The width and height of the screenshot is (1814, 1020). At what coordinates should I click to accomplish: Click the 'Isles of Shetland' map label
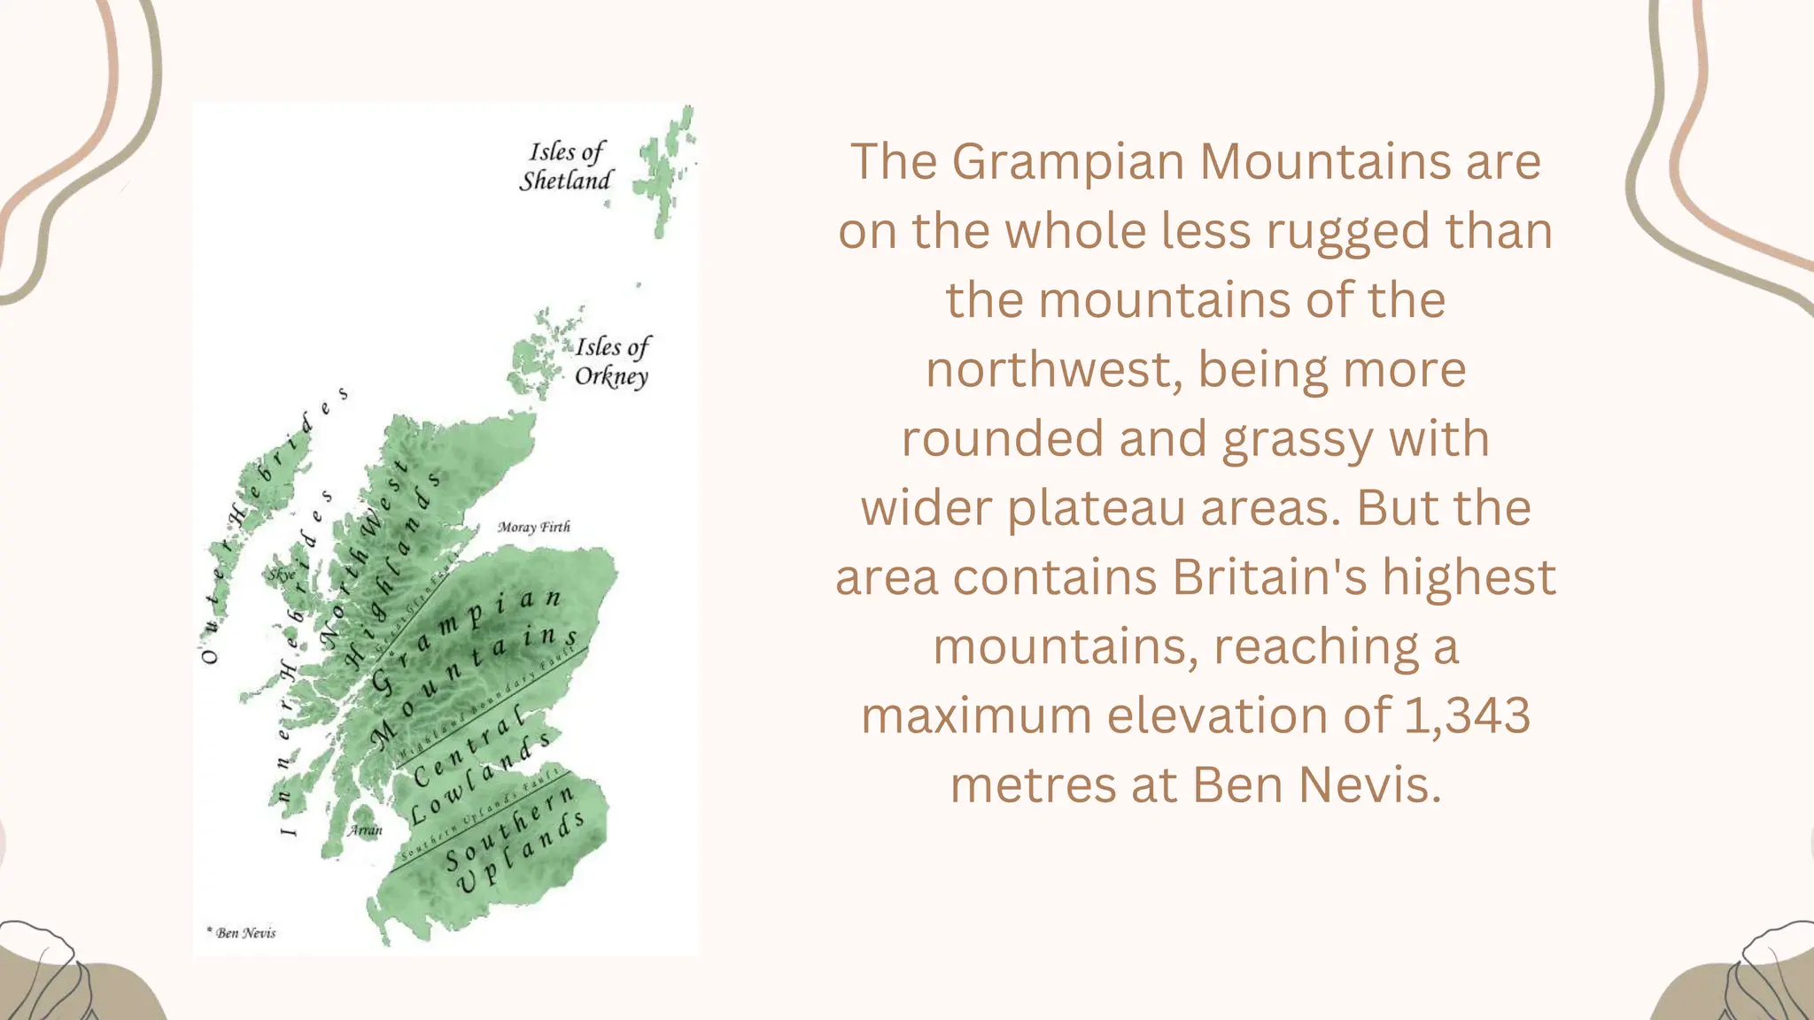click(x=566, y=166)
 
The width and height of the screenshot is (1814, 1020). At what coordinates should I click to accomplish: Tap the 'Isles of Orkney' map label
click(x=612, y=361)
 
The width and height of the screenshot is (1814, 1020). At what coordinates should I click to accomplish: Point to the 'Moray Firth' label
click(x=533, y=527)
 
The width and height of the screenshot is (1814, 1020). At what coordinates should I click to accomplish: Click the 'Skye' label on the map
click(x=281, y=575)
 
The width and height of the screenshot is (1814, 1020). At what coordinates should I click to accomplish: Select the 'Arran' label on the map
click(x=365, y=830)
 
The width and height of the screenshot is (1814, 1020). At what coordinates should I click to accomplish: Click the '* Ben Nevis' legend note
click(x=242, y=932)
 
